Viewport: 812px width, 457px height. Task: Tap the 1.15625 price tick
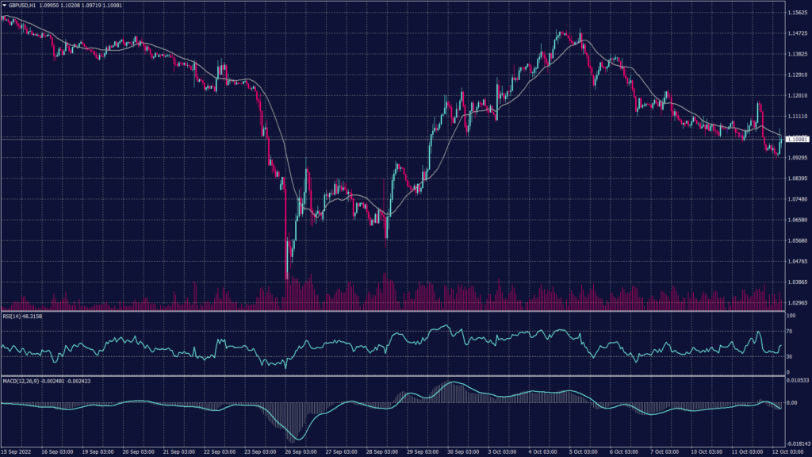pyautogui.click(x=795, y=13)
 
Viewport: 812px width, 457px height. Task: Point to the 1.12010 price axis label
pyautogui.click(x=795, y=96)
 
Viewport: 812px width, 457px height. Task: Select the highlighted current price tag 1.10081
pyautogui.click(x=795, y=140)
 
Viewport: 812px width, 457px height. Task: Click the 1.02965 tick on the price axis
pyautogui.click(x=795, y=302)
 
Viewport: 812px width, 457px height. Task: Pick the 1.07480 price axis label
pyautogui.click(x=795, y=199)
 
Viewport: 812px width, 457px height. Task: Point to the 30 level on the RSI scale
pyautogui.click(x=789, y=356)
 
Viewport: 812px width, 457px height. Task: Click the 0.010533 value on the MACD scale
pyautogui.click(x=795, y=381)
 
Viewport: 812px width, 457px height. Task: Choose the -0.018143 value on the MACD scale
pyautogui.click(x=795, y=444)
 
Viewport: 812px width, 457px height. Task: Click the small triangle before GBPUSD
pyautogui.click(x=4, y=6)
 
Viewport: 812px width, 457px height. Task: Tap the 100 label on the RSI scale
pyautogui.click(x=791, y=317)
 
